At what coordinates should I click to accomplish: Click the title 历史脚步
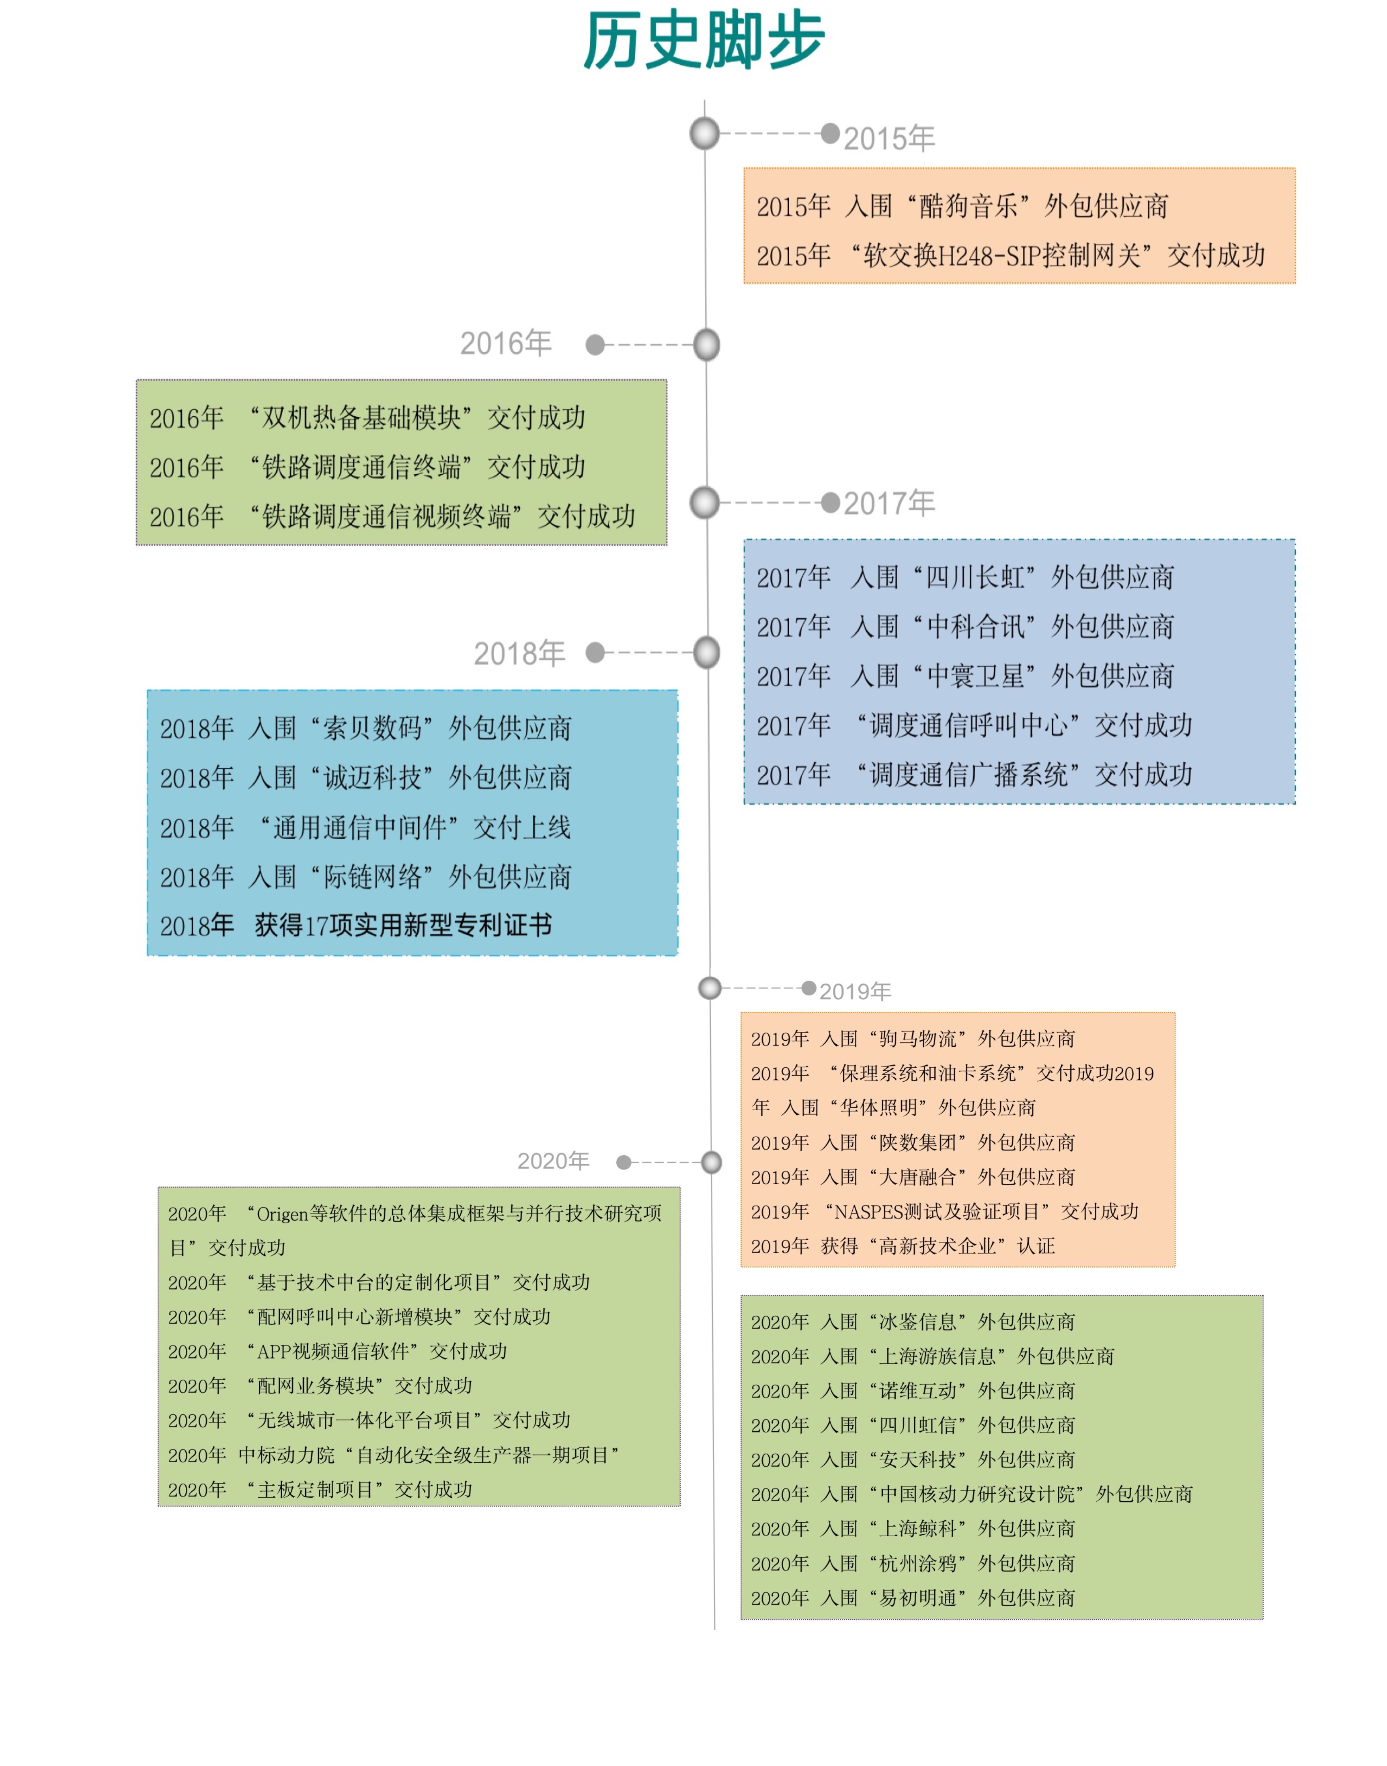(x=704, y=41)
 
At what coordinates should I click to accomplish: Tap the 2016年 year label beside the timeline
(x=506, y=344)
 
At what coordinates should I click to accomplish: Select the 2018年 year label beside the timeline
(x=520, y=653)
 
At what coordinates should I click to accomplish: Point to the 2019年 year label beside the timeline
(x=855, y=991)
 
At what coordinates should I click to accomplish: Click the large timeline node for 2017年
(x=705, y=503)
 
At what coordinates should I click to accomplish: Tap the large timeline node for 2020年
(x=711, y=1163)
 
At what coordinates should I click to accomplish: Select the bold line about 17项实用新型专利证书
(x=356, y=925)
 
